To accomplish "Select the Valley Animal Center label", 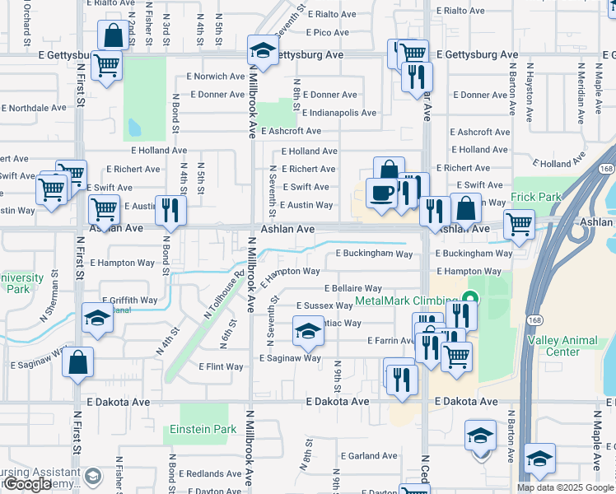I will click(x=574, y=346).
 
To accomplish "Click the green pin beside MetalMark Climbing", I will click(x=470, y=298).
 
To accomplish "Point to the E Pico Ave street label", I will click(x=329, y=33).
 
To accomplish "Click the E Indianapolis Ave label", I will click(x=338, y=113).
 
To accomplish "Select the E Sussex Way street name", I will click(x=324, y=305).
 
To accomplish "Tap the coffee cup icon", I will click(x=381, y=193).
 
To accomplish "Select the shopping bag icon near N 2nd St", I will click(x=112, y=35).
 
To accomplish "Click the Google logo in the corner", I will click(x=26, y=484).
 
